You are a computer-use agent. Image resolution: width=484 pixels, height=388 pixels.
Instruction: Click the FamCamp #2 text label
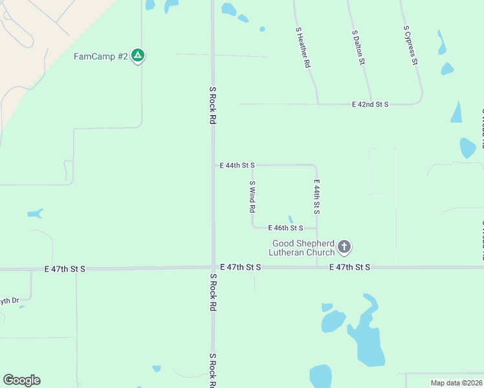coord(100,56)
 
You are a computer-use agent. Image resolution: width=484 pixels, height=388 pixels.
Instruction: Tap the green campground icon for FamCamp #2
coord(137,56)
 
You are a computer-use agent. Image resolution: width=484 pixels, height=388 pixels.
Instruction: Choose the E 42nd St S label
coord(369,104)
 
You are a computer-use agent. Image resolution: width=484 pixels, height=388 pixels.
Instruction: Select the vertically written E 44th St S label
coord(317,197)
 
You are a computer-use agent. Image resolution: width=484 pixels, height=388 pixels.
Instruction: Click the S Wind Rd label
coord(252,197)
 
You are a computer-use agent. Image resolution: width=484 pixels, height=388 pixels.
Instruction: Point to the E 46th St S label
coord(286,228)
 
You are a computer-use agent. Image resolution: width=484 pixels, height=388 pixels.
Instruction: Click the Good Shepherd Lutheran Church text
coord(303,248)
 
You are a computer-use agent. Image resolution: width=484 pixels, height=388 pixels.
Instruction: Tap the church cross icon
coord(344,246)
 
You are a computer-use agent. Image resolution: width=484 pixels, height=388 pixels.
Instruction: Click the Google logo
coord(21,380)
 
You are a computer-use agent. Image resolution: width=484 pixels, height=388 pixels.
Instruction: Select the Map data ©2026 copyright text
coord(456,383)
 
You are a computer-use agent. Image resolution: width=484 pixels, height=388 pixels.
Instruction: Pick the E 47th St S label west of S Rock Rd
coord(65,268)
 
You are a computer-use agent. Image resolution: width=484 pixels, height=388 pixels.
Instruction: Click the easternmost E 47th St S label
coord(349,267)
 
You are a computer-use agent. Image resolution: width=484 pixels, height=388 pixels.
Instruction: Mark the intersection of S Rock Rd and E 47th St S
coord(213,268)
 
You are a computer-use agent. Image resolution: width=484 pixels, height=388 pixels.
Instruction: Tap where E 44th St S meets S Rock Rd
coord(214,166)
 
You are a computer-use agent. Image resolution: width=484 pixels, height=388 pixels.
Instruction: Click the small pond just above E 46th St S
coord(291,219)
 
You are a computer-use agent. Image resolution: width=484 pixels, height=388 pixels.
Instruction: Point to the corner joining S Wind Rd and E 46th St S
coord(253,226)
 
